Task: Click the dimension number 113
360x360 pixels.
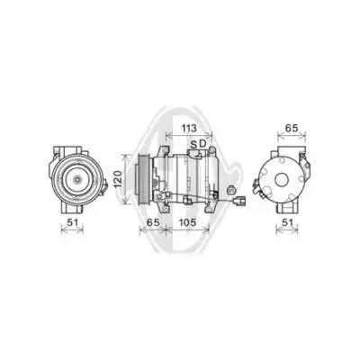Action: pos(189,128)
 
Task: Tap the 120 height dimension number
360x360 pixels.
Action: pos(118,179)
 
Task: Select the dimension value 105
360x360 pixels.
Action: pos(187,222)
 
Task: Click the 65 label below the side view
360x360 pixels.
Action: pos(153,222)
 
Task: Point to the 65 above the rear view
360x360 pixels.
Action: pos(292,128)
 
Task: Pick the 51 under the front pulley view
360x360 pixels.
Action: pos(72,222)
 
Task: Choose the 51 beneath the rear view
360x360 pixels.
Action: pos(287,222)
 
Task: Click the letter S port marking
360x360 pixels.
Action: pos(193,145)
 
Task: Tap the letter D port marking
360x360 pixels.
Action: pos(203,144)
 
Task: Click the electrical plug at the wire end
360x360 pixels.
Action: pos(240,201)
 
